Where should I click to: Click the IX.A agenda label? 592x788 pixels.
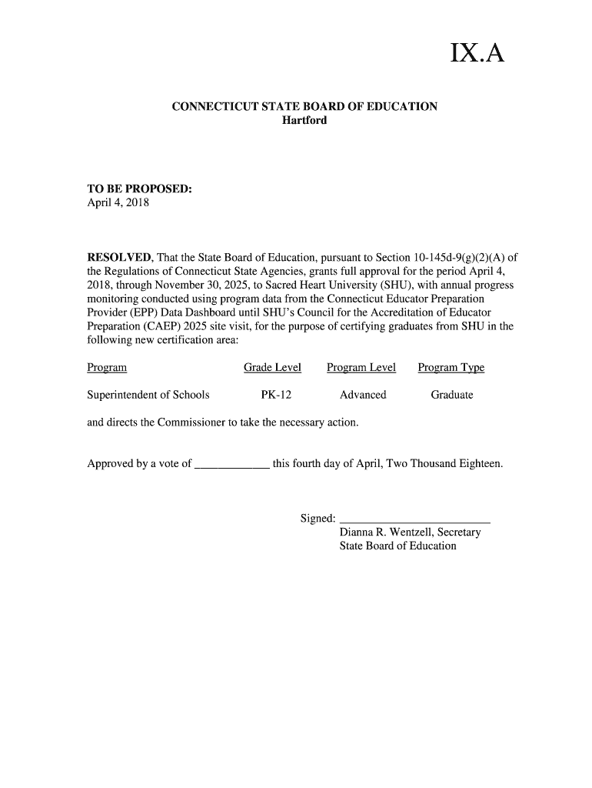[477, 55]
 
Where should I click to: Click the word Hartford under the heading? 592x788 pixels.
[304, 121]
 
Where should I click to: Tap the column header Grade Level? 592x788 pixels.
[272, 368]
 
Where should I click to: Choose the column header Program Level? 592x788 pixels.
[361, 368]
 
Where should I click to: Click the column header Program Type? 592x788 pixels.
[451, 368]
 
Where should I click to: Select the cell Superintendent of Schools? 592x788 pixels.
[148, 395]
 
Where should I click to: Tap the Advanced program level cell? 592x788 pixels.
[363, 395]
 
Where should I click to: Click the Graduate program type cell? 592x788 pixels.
[452, 395]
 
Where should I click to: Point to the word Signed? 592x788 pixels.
[318, 518]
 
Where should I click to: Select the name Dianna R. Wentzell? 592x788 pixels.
[387, 532]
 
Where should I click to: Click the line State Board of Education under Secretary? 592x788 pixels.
[397, 546]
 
